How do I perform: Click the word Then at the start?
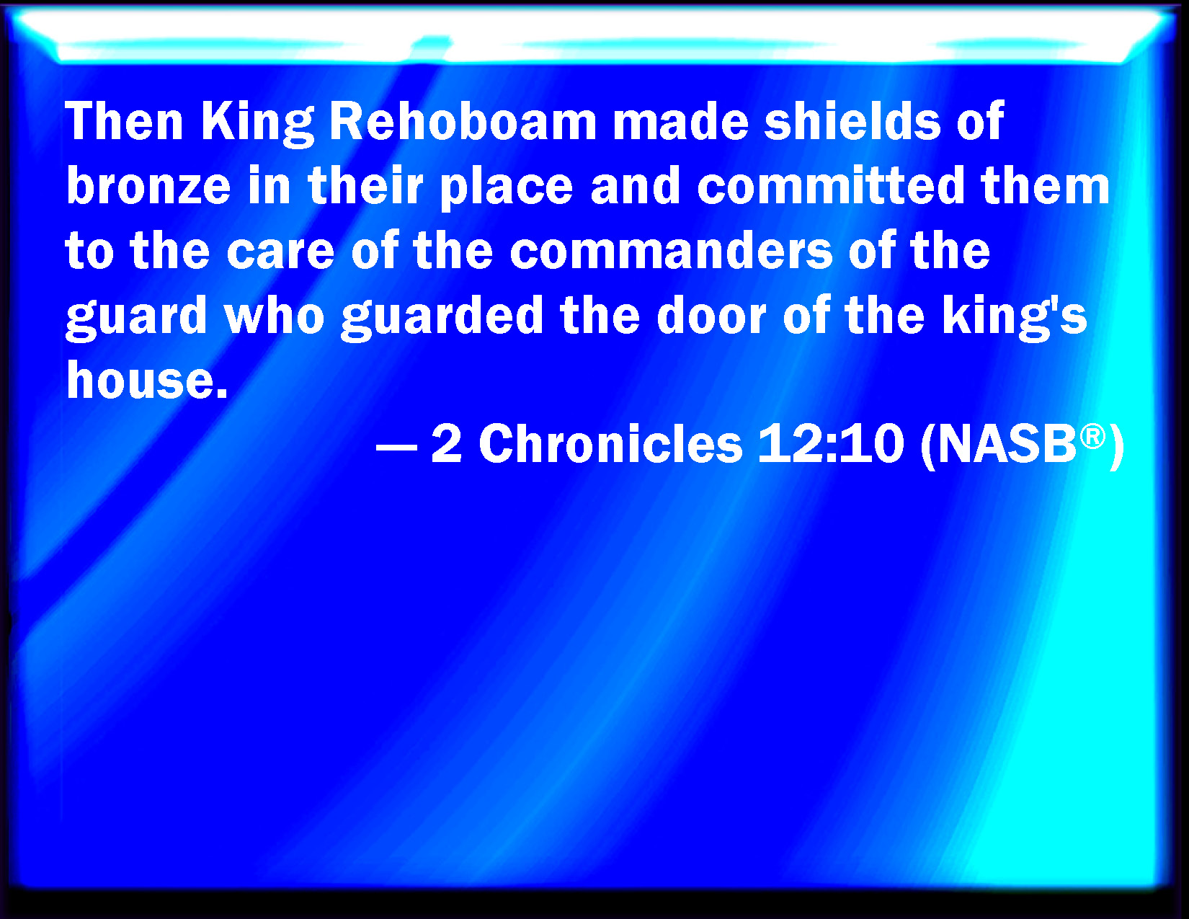(124, 121)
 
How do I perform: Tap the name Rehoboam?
(463, 121)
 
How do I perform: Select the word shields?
(852, 121)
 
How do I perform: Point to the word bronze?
(148, 185)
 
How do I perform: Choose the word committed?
(831, 185)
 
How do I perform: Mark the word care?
(280, 252)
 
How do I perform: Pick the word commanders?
(671, 250)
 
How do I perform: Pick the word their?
(365, 185)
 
